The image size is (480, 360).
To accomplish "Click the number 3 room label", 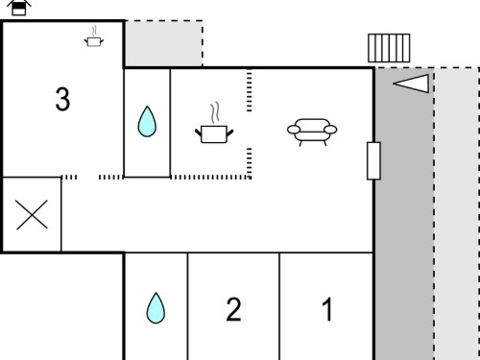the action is click(62, 99).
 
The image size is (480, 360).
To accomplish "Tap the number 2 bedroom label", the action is click(233, 309).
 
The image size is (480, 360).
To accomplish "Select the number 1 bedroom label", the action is click(327, 309).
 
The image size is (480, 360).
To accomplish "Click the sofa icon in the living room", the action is click(312, 132).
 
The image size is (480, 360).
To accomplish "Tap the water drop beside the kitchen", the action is click(147, 122).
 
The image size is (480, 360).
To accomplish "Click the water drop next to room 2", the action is click(156, 308).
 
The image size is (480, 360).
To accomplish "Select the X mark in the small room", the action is click(32, 215).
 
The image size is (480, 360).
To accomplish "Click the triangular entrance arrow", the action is click(411, 84).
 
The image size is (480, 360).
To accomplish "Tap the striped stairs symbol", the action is click(389, 48).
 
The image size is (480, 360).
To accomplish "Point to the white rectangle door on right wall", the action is click(373, 160).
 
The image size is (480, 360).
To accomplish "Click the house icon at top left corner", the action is click(19, 8).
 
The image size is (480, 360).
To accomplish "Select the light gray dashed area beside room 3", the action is click(163, 43).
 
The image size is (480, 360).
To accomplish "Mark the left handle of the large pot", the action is click(199, 132).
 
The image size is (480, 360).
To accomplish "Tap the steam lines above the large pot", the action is click(215, 112).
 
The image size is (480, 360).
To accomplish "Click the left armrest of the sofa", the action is click(294, 130).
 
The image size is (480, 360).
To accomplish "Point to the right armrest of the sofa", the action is click(330, 130).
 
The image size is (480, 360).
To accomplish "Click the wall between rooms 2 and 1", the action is click(279, 306).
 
